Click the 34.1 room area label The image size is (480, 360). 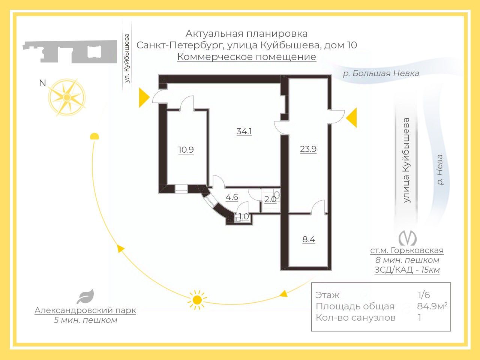tap(244, 131)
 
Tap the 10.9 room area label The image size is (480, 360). tap(186, 150)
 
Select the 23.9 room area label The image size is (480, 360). tap(308, 149)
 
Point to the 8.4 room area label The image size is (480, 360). tap(309, 239)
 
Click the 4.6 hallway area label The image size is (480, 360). tap(232, 197)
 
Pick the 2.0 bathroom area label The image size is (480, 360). tap(270, 199)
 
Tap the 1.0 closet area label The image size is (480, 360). tap(244, 216)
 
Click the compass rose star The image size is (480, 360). tap(67, 97)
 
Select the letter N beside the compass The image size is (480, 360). tap(42, 83)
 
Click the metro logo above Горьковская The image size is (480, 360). tap(407, 237)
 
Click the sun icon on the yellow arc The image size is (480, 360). tap(197, 300)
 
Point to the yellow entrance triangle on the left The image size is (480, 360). tap(144, 97)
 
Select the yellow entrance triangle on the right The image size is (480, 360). tap(352, 118)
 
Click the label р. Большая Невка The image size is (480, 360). tap(381, 73)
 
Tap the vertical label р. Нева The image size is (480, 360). tap(440, 170)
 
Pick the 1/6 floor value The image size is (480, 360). tap(424, 295)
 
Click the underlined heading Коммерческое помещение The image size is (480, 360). tap(246, 57)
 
